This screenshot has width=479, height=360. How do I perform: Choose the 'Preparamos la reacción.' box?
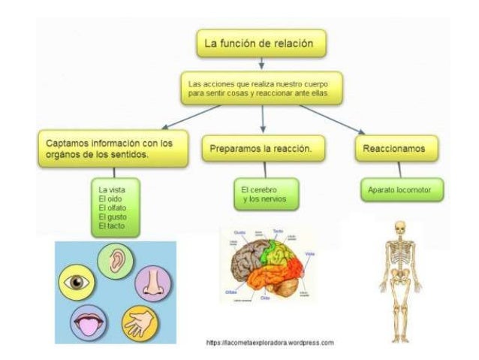click(x=262, y=149)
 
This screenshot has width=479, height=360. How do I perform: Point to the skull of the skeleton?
click(x=400, y=227)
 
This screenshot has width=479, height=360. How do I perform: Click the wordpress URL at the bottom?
click(x=269, y=343)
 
